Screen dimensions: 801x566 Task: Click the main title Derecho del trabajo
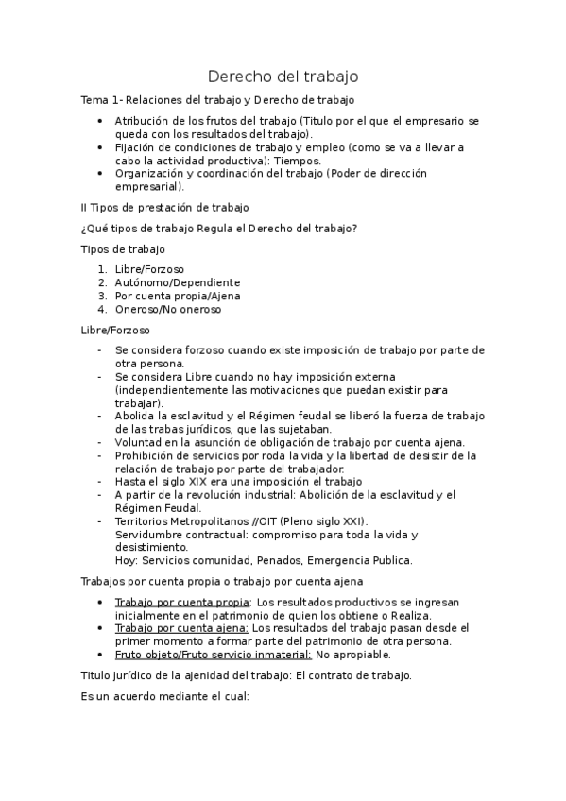coord(283,76)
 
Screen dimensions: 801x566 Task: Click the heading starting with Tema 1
coord(217,100)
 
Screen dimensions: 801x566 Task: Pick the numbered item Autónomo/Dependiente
coord(177,282)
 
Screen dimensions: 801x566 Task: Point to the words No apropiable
coord(352,655)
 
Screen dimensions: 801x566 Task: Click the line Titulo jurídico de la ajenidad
coord(247,676)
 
